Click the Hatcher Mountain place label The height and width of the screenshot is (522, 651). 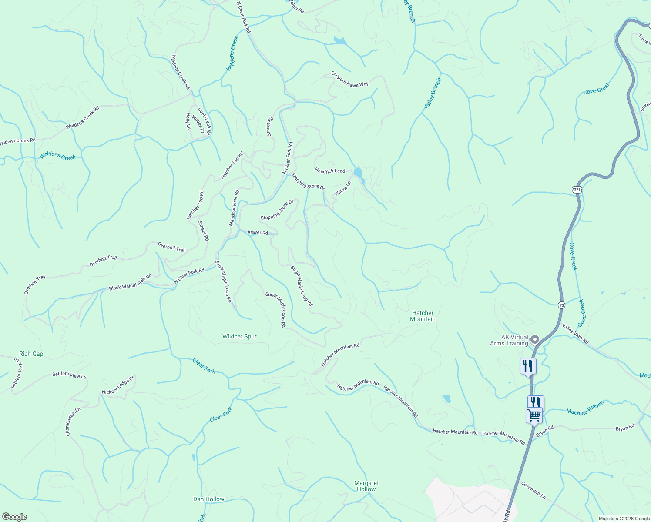[x=423, y=316]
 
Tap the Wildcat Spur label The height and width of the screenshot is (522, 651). [x=239, y=336]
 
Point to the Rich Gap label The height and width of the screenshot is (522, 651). [x=31, y=354]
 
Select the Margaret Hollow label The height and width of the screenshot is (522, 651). [x=366, y=486]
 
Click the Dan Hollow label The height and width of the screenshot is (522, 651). [x=209, y=499]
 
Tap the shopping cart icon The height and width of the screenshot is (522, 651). [x=534, y=415]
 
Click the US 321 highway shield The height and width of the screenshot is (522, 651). [x=577, y=190]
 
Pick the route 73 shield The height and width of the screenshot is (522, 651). [x=562, y=305]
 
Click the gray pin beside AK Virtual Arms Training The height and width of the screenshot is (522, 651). [x=535, y=339]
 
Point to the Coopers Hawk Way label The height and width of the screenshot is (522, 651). [x=349, y=79]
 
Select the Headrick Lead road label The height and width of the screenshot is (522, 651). [x=330, y=171]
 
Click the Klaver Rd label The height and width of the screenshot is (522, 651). [x=258, y=233]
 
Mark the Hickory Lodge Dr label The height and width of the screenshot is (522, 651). [x=118, y=385]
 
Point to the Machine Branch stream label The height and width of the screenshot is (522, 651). [x=585, y=408]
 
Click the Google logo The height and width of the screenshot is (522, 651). [x=14, y=516]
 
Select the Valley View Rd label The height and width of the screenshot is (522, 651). [x=575, y=334]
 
